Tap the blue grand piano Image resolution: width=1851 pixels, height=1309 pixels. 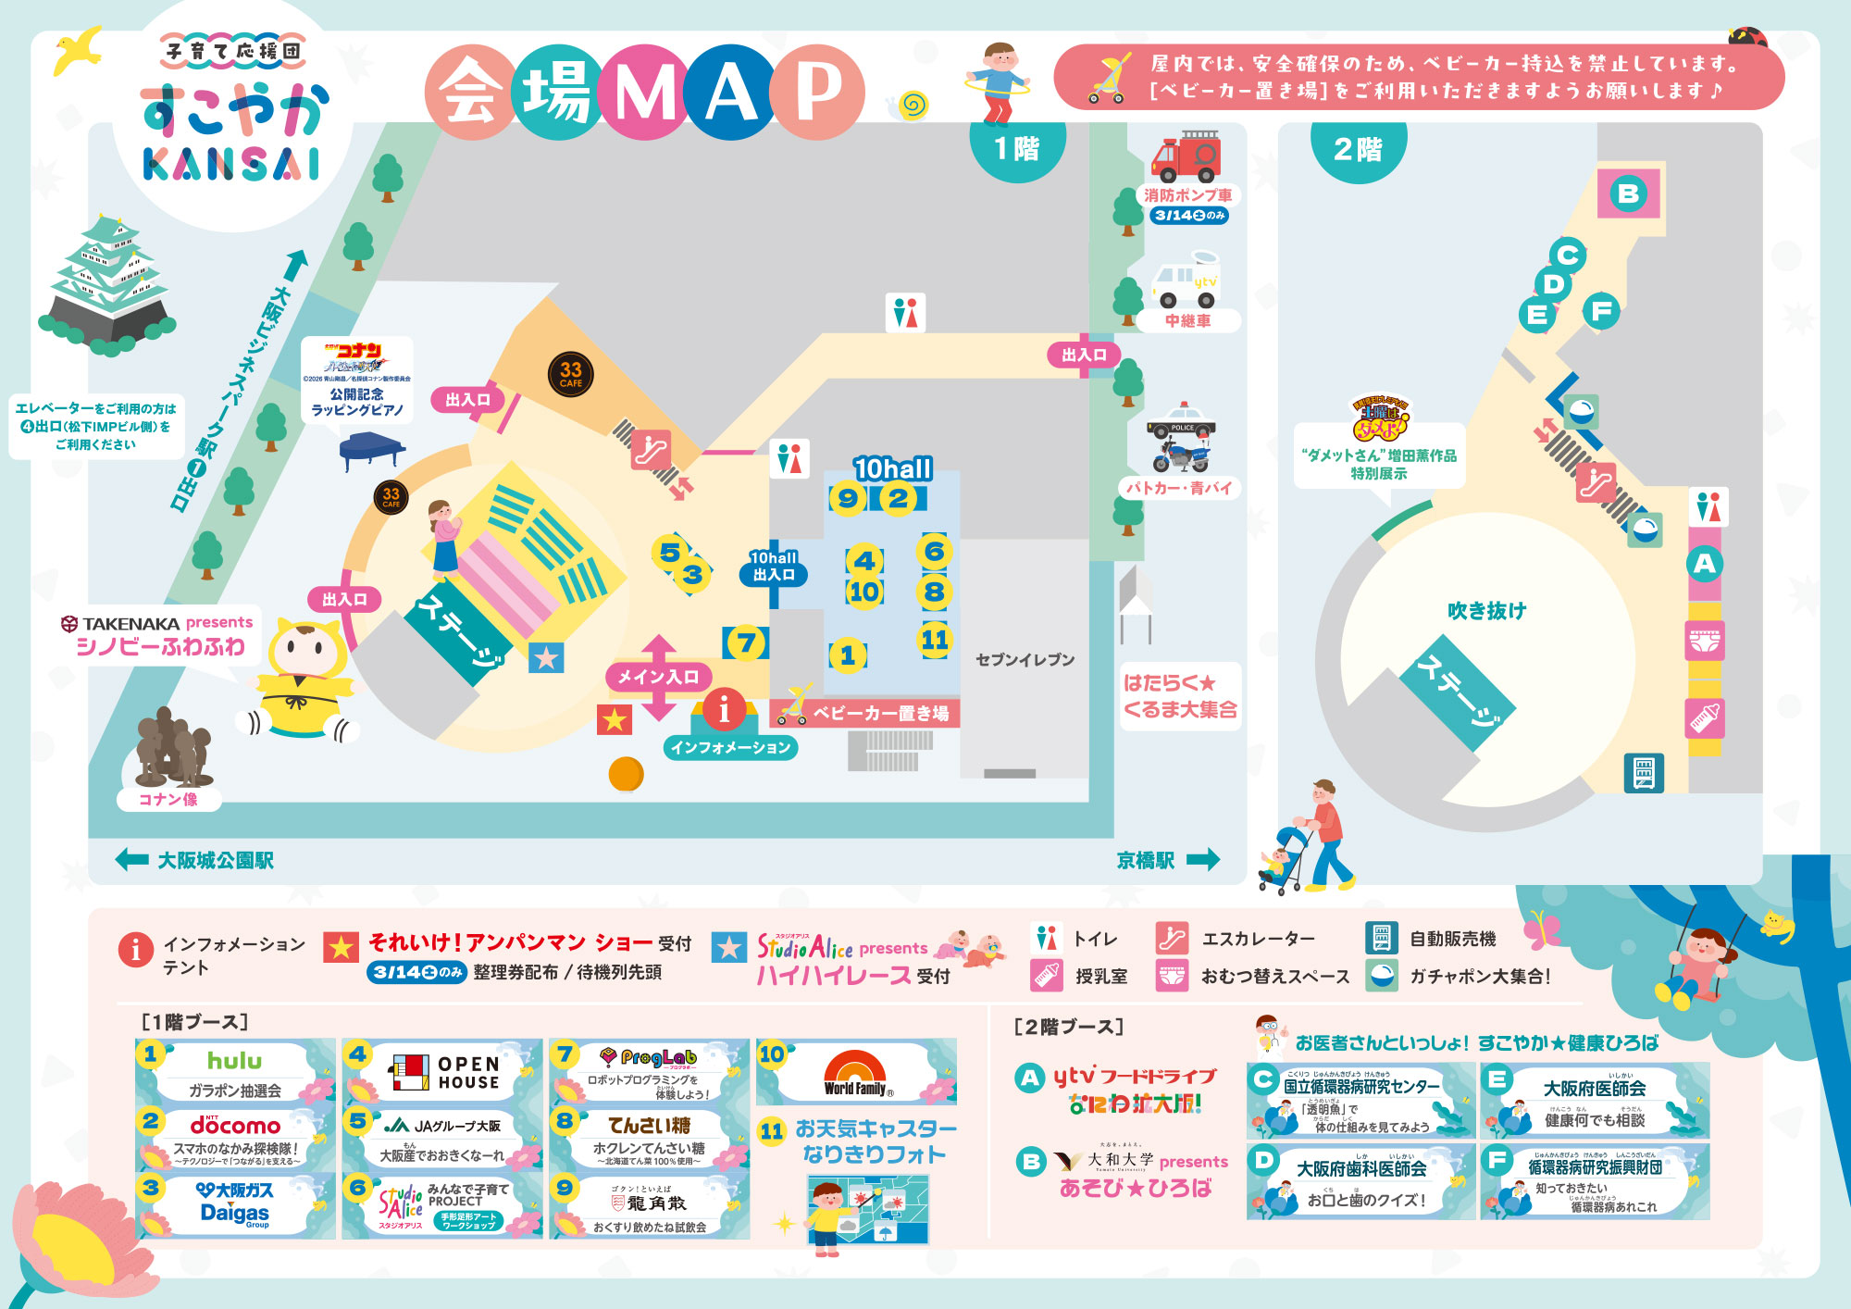pos(371,450)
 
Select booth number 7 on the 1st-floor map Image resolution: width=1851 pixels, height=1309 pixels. pos(746,642)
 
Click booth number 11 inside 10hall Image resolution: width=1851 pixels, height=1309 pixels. pos(935,639)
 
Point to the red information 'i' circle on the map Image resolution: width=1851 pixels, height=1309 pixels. pos(724,709)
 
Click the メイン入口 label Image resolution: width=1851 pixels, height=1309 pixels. pos(658,677)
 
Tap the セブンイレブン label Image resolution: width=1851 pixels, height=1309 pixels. pos(1025,659)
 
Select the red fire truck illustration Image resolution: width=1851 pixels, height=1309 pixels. pos(1186,156)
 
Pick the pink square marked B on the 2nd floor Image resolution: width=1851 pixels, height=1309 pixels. pos(1628,193)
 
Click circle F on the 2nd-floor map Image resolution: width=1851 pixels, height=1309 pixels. pos(1602,311)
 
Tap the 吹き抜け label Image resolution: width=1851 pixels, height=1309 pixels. pos(1486,610)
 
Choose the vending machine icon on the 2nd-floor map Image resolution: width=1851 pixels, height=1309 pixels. pos(1644,773)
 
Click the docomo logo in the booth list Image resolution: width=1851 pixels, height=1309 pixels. pos(235,1126)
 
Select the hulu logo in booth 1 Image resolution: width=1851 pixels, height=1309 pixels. pos(234,1061)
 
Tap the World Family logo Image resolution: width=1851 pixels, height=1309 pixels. pos(855,1074)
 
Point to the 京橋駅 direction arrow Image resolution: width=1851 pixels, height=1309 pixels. pos(1203,860)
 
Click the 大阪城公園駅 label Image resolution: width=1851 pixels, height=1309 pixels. pos(216,860)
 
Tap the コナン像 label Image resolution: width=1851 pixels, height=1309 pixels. pos(168,799)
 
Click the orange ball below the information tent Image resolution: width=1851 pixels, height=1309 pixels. pos(626,773)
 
